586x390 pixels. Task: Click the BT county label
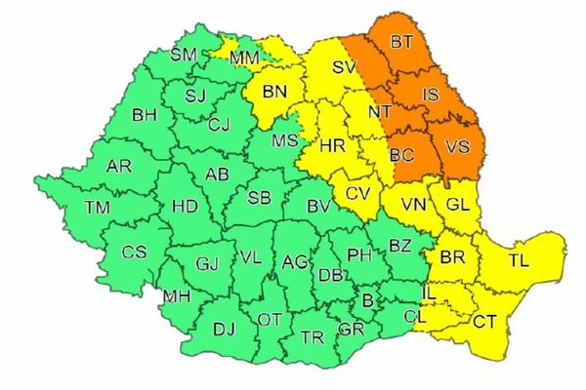[400, 42]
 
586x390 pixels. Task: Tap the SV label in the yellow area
[344, 68]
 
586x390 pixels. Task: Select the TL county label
[519, 261]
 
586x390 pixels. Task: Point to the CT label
[484, 319]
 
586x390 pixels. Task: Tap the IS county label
[431, 95]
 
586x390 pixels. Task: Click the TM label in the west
[97, 207]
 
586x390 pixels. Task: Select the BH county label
[145, 116]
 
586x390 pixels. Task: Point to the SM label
[184, 55]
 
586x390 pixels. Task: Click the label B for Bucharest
[367, 300]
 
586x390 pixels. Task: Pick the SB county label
[259, 198]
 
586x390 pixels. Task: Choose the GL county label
[458, 206]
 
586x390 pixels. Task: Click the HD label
[184, 207]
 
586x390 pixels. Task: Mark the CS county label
[134, 252]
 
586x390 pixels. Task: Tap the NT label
[380, 112]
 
